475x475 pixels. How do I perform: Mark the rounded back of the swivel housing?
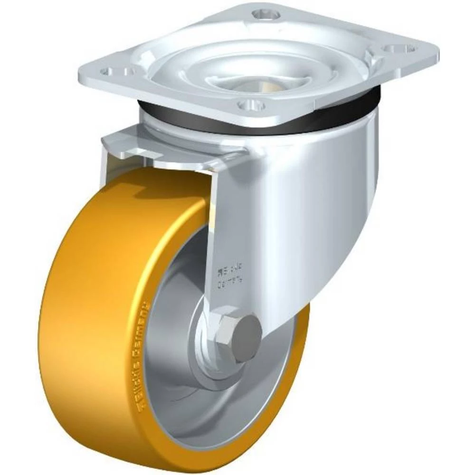(x=342, y=199)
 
